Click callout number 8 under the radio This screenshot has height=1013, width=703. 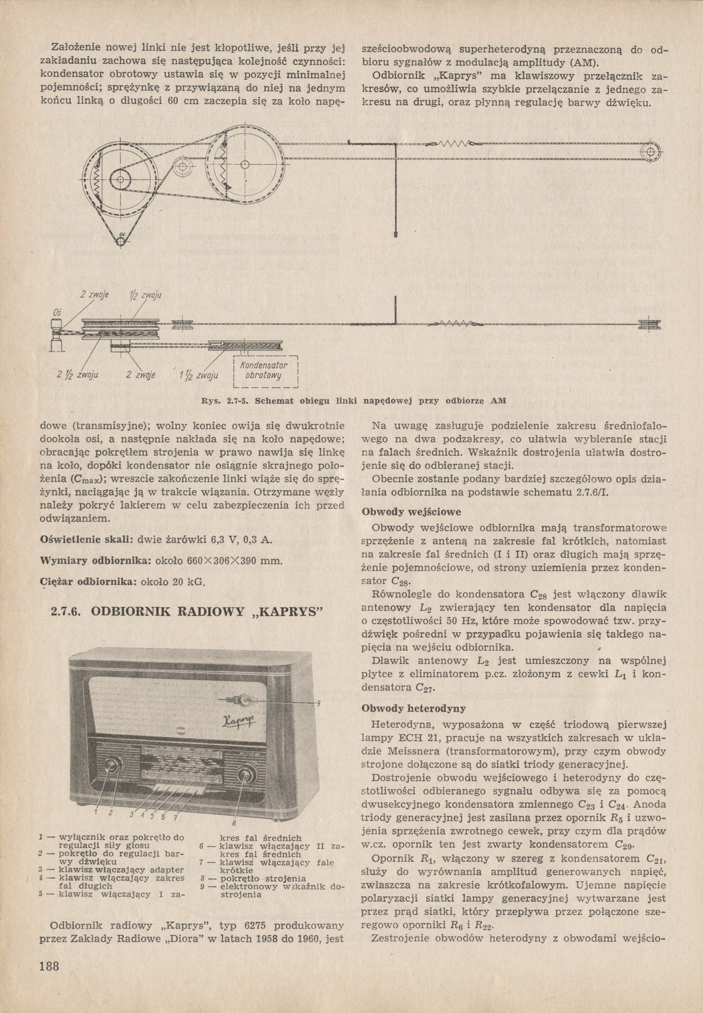click(234, 822)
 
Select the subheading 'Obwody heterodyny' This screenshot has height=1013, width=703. click(414, 709)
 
